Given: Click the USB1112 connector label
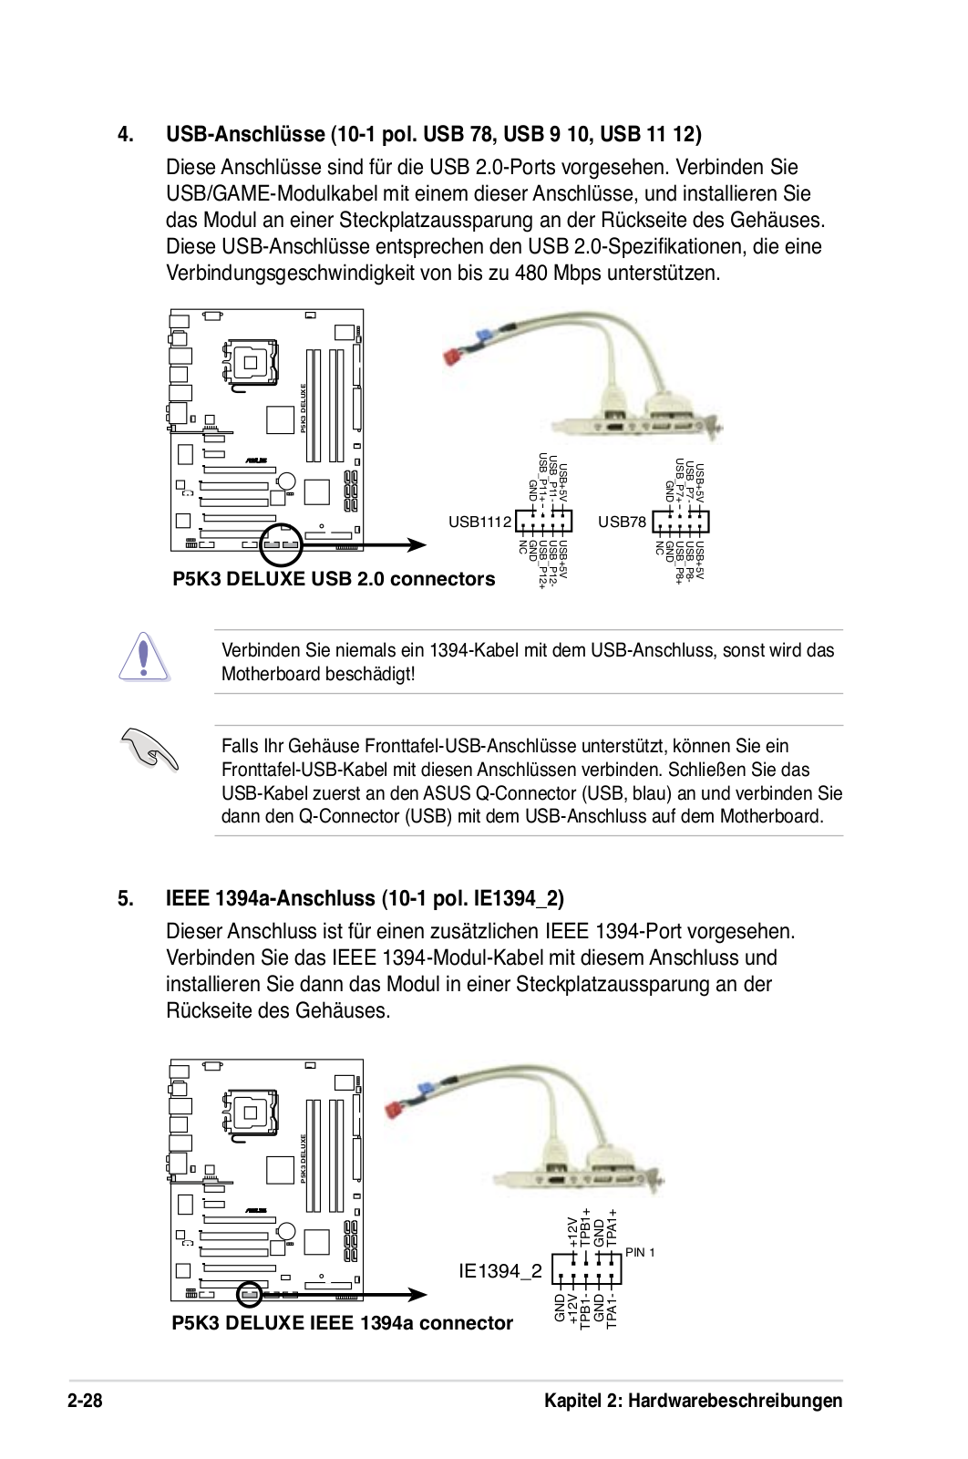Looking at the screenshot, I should (479, 522).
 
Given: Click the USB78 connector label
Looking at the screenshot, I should (622, 522).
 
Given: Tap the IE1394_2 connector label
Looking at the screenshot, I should (500, 1271).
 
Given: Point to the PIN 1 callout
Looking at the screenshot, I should (640, 1253).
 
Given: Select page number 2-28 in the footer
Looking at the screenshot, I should (85, 1401).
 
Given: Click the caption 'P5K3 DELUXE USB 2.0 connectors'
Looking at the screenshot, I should (334, 579).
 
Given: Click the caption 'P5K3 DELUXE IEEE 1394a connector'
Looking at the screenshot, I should (342, 1323).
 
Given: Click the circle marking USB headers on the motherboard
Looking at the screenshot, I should (281, 544).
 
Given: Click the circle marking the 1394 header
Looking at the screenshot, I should (250, 1294).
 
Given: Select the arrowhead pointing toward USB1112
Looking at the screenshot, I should (417, 545).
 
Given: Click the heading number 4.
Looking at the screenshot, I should (126, 135).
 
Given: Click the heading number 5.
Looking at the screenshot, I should (126, 899).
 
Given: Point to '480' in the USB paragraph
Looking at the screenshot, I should (530, 274).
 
